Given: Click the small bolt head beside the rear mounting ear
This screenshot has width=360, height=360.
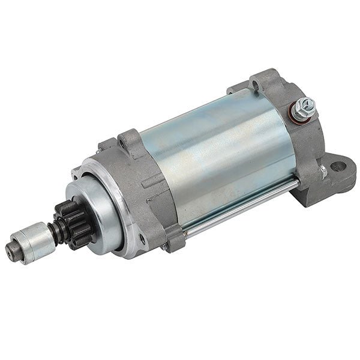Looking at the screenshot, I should click(x=323, y=172).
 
